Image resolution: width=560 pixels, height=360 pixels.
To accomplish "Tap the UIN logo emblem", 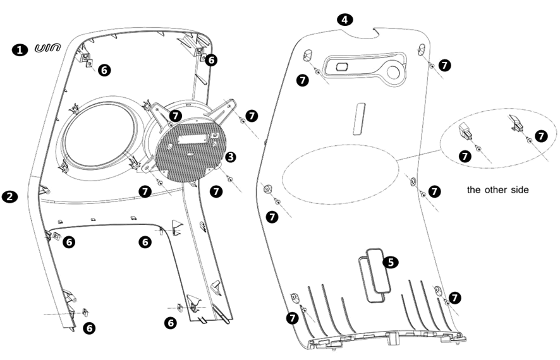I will click(47, 49).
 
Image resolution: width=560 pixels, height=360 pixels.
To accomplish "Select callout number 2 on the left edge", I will click(9, 196).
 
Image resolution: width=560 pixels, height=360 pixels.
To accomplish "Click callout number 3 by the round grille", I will click(231, 155).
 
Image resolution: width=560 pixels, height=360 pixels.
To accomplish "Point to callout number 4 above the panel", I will click(344, 20).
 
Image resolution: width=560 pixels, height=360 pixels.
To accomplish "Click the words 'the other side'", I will click(497, 189).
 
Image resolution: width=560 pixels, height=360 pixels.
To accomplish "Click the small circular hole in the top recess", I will click(394, 73).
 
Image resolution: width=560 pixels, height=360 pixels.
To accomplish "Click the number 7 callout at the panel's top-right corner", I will click(445, 65).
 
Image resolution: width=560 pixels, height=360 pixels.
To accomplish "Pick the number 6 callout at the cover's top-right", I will click(211, 60).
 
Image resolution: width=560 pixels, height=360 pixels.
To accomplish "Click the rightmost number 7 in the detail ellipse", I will click(541, 136).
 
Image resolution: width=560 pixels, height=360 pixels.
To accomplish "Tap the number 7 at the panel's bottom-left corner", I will click(293, 318).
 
